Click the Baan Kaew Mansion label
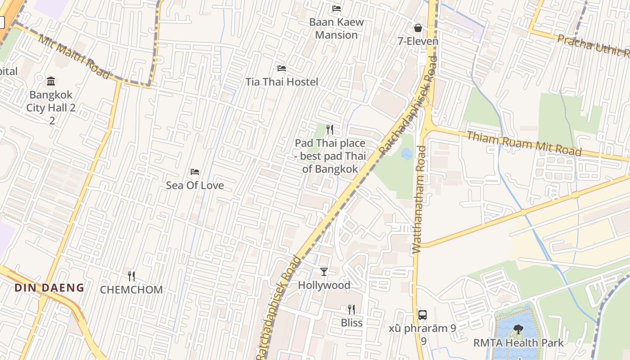pyautogui.click(x=336, y=28)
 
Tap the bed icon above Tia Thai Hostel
pyautogui.click(x=282, y=68)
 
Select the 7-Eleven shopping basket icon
pyautogui.click(x=418, y=28)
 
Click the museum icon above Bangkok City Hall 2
pyautogui.click(x=51, y=81)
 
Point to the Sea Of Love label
pyautogui.click(x=195, y=185)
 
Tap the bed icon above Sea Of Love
pyautogui.click(x=195, y=172)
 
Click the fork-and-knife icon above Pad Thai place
pyautogui.click(x=330, y=130)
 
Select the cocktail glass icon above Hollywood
pyautogui.click(x=324, y=271)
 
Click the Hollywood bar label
pyautogui.click(x=324, y=285)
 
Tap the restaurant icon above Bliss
pyautogui.click(x=351, y=309)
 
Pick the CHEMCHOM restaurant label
pyautogui.click(x=131, y=290)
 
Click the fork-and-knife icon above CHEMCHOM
pyautogui.click(x=131, y=276)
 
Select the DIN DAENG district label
pyautogui.click(x=49, y=288)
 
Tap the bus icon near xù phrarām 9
pyautogui.click(x=423, y=315)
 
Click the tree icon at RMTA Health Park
pyautogui.click(x=518, y=329)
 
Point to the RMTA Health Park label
pyautogui.click(x=518, y=343)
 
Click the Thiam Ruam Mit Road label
pyautogui.click(x=524, y=144)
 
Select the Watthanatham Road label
pyautogui.click(x=418, y=200)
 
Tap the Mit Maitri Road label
pyautogui.click(x=74, y=56)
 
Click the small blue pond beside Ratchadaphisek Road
pyautogui.click(x=406, y=154)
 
